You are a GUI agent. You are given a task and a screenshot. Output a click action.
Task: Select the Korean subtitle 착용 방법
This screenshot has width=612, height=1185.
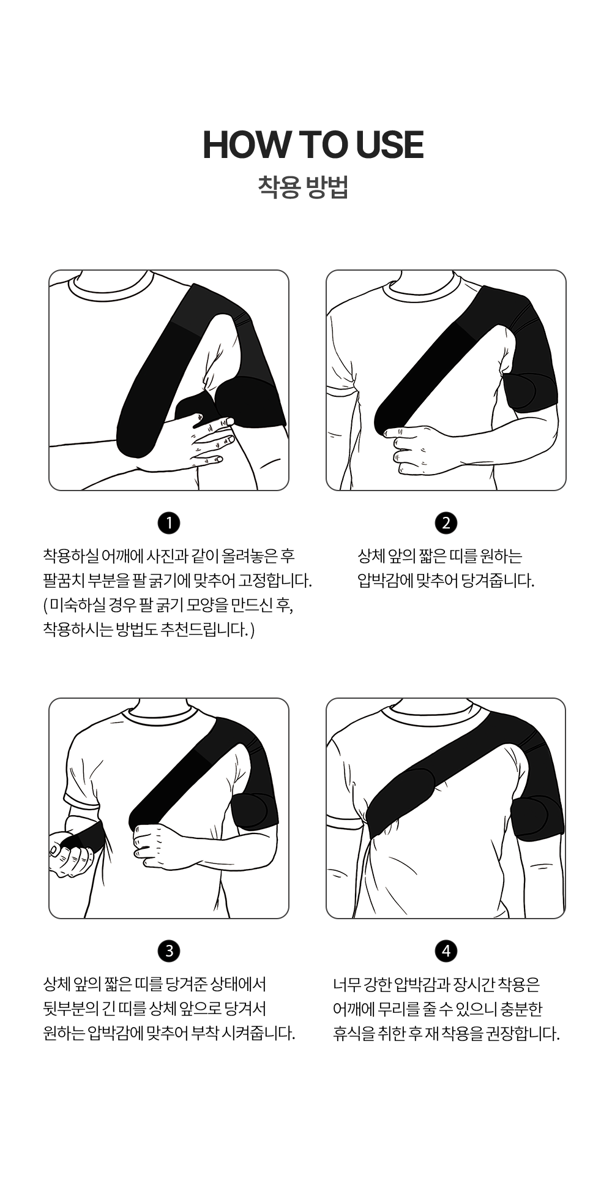click(x=304, y=186)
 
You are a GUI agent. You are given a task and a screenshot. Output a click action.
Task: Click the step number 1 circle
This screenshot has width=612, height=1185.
click(x=169, y=523)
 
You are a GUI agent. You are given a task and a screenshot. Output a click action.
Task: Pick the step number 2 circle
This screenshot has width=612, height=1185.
click(x=446, y=523)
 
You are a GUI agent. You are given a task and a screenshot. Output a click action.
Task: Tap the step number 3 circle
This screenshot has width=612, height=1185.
click(x=169, y=951)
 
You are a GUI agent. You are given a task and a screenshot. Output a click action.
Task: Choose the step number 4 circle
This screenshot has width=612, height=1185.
click(x=446, y=951)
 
